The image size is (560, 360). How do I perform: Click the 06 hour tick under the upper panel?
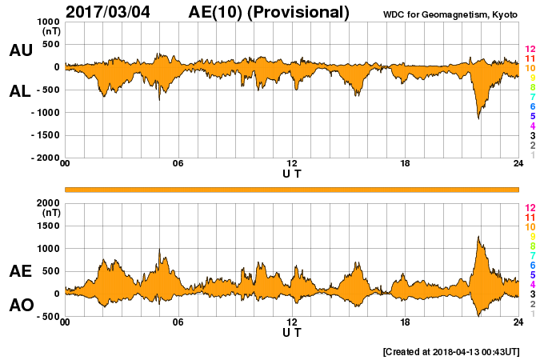[178, 163]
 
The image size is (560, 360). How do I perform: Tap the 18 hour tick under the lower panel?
[405, 322]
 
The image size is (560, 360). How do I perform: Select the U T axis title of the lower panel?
[292, 332]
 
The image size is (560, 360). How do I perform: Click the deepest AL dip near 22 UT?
[479, 118]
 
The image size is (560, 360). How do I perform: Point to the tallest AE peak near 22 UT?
[478, 238]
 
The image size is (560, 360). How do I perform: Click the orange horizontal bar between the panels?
[292, 189]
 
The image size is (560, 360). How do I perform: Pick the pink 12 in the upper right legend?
[530, 49]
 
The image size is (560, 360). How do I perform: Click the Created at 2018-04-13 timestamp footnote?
[451, 351]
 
